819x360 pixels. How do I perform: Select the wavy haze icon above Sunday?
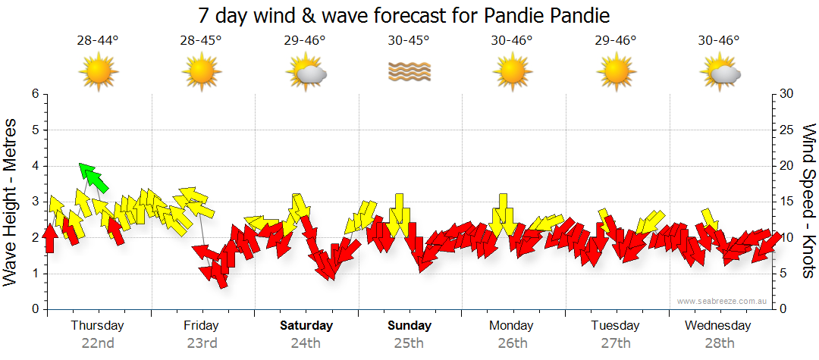[x=409, y=72]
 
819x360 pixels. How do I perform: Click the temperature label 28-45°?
[x=201, y=40]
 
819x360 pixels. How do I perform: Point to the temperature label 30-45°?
[x=409, y=40]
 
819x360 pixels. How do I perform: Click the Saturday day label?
[x=306, y=326]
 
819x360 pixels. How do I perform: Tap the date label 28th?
[x=720, y=343]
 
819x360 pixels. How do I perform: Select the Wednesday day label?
[x=717, y=326]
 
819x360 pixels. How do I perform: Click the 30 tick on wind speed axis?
[x=786, y=94]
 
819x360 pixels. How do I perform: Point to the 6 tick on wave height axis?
[x=34, y=94]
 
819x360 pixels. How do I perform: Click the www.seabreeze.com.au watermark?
[x=723, y=301]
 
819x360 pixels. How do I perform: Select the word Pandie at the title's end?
[x=582, y=15]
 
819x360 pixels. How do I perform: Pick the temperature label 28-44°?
[x=97, y=40]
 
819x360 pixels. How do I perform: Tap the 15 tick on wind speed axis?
[x=786, y=202]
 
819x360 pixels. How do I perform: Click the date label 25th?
[x=409, y=343]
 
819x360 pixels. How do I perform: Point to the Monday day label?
[x=512, y=326]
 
